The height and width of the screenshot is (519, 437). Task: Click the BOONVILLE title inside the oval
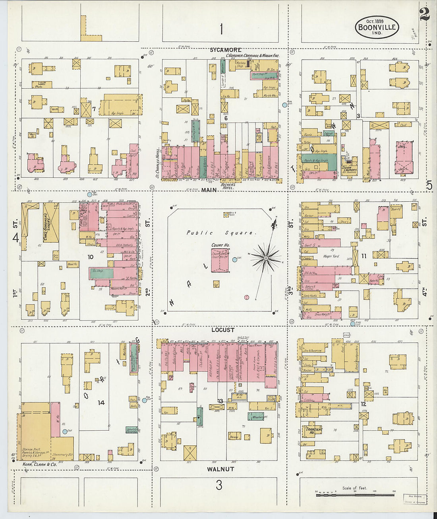(x=377, y=27)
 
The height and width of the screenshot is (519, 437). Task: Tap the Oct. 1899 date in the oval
(x=376, y=21)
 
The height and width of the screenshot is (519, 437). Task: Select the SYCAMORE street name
(x=226, y=50)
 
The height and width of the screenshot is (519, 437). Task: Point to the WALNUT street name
(x=220, y=469)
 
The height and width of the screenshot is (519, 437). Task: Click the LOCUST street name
(x=223, y=330)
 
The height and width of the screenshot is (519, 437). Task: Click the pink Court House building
(x=220, y=260)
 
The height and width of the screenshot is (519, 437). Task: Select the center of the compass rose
(x=265, y=259)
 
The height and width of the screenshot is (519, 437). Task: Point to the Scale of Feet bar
(x=356, y=494)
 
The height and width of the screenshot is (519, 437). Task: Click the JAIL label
(x=401, y=146)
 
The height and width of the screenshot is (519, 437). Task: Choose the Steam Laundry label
(x=350, y=169)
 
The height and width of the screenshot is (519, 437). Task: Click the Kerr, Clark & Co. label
(x=40, y=464)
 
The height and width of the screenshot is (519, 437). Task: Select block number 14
(x=101, y=402)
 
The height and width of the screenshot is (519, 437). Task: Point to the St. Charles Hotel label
(x=158, y=163)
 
